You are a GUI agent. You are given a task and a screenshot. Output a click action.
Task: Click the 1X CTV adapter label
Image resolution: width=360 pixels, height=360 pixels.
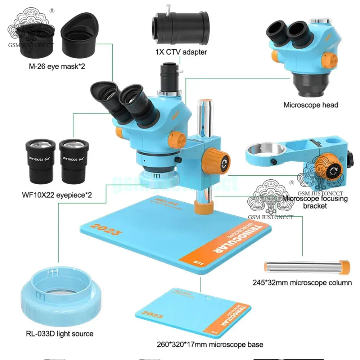point(181,52)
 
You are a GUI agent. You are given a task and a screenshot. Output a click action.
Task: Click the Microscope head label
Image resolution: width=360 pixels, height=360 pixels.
point(311,105)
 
